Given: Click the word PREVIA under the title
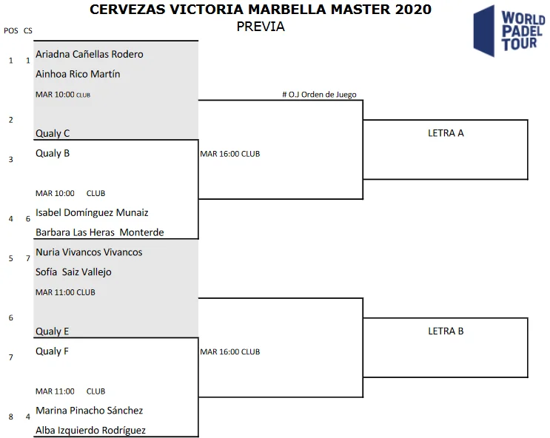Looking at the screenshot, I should [x=261, y=27].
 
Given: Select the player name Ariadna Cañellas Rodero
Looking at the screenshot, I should [x=90, y=54].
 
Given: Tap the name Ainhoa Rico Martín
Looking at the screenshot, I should [x=78, y=74].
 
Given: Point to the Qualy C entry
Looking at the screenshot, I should [x=53, y=134].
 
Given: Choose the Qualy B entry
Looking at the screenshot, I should [x=53, y=154].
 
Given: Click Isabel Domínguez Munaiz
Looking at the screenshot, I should [x=92, y=213].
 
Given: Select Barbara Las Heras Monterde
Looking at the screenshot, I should [x=100, y=232].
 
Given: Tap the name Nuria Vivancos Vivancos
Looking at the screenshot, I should [x=89, y=252].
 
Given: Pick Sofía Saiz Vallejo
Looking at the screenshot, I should [x=73, y=272].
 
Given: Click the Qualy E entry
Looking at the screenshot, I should [x=53, y=332].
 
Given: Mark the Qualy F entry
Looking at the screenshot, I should [x=52, y=351].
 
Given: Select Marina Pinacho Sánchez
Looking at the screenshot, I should [x=90, y=411].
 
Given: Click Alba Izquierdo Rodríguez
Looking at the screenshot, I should [x=91, y=431].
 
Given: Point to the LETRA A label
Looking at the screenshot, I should [x=446, y=134].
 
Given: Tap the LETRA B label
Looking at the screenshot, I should [x=446, y=331].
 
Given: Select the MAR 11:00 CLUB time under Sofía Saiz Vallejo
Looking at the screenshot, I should [x=65, y=292].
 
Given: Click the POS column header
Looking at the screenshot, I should [x=10, y=30].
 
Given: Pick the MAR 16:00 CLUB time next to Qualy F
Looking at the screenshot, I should [x=230, y=352].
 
